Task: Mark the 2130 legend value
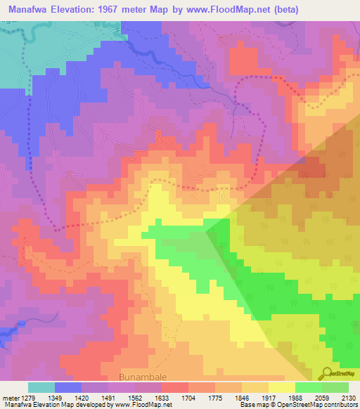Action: (x=347, y=397)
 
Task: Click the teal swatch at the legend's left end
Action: (x=41, y=387)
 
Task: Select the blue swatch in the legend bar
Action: (x=68, y=387)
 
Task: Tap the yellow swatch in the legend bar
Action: (x=282, y=387)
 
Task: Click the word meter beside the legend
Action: (x=8, y=397)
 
